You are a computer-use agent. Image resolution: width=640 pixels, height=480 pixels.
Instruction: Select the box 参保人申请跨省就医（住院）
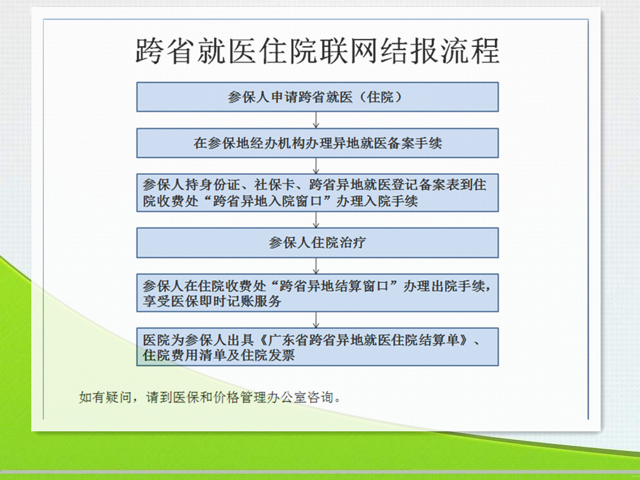[x=317, y=97]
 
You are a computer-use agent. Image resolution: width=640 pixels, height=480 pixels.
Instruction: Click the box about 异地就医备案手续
[x=317, y=143]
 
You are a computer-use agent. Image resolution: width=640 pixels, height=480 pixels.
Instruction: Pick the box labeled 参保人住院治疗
[x=317, y=243]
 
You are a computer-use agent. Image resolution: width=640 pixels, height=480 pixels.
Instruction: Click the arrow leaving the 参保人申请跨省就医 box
[x=316, y=120]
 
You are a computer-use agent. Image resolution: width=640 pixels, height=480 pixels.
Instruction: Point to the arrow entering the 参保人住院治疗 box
[x=316, y=219]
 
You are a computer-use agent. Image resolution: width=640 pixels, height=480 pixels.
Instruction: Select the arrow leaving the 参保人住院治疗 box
[x=316, y=266]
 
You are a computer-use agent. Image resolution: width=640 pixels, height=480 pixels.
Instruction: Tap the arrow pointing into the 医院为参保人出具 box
[x=316, y=320]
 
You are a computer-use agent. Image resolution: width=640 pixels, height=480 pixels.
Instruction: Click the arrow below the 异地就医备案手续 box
[x=316, y=166]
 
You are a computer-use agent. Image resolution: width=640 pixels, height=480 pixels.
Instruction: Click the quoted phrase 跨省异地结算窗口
[x=334, y=286]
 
